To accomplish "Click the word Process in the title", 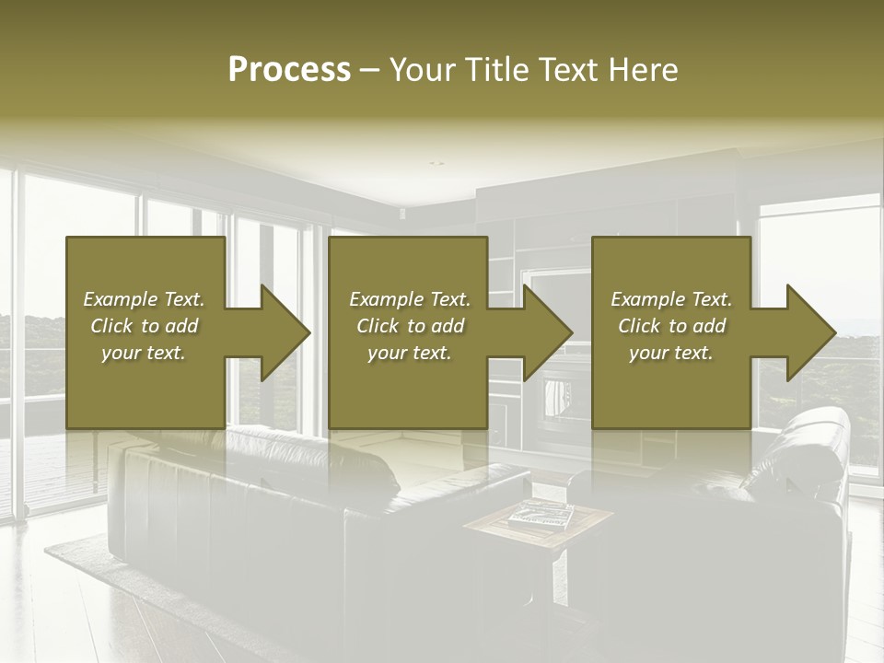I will point(289,70).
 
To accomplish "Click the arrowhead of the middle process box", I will point(546,332).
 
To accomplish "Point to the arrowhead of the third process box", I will point(809,332).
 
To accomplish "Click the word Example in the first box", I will point(117,299).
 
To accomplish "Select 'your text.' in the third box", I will point(670,353).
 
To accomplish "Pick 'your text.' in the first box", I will point(143,353).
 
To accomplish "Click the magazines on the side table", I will point(541,514).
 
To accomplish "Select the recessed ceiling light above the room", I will point(436,164).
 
